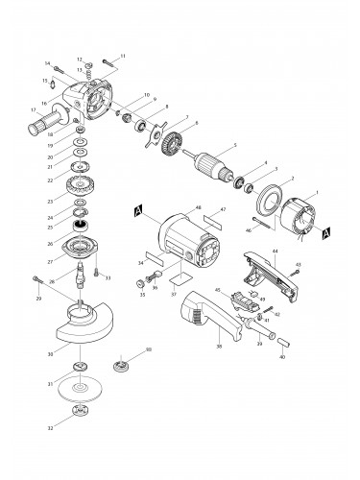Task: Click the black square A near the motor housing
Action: click(x=140, y=210)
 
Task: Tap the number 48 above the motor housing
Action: click(x=197, y=207)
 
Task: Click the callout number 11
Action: click(x=123, y=57)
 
